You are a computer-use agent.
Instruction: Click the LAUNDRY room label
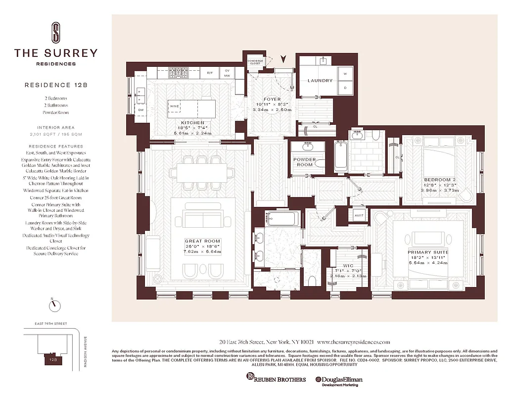[x=320, y=80]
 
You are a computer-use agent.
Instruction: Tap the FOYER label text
[x=272, y=99]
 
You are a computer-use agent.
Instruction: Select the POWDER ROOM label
[x=305, y=162]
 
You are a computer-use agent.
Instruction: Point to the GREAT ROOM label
[x=202, y=241]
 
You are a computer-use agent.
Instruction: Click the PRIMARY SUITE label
[x=427, y=252]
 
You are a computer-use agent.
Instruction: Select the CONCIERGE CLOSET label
[x=255, y=62]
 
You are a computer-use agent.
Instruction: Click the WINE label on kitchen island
[x=174, y=106]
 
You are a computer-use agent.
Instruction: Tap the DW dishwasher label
[x=140, y=109]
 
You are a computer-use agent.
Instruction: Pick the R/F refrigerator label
[x=210, y=73]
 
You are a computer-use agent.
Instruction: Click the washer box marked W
[x=345, y=73]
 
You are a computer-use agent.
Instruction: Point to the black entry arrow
[x=283, y=59]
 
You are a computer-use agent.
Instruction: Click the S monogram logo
[x=56, y=32]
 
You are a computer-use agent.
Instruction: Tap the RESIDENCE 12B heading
[x=56, y=85]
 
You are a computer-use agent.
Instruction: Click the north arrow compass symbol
[x=52, y=306]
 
